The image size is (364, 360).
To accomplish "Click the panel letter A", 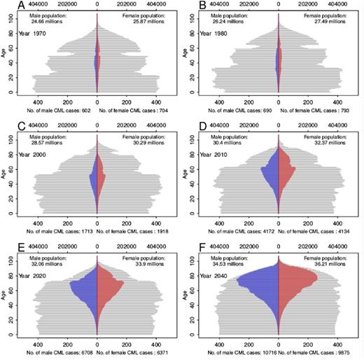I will click(6, 6).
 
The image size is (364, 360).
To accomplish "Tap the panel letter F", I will click(189, 249).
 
